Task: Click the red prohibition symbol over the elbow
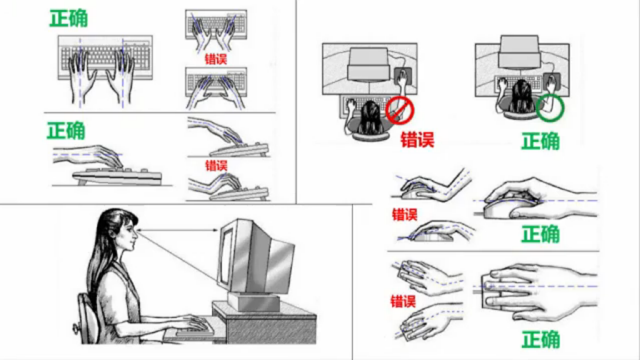click(x=400, y=110)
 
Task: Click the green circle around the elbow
click(x=550, y=107)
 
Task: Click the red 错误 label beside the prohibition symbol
click(x=417, y=140)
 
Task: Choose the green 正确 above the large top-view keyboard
click(x=69, y=18)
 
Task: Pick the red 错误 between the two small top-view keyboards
click(x=216, y=59)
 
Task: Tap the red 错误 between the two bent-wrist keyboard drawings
click(x=216, y=166)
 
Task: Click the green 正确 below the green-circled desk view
click(x=540, y=141)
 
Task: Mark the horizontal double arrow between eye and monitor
click(x=178, y=230)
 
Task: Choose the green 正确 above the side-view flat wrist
click(x=66, y=130)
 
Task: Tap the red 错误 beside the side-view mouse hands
click(x=405, y=215)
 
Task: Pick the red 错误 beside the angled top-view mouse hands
click(x=403, y=302)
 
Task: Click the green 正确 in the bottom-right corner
click(x=540, y=340)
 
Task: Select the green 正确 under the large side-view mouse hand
click(x=540, y=234)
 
